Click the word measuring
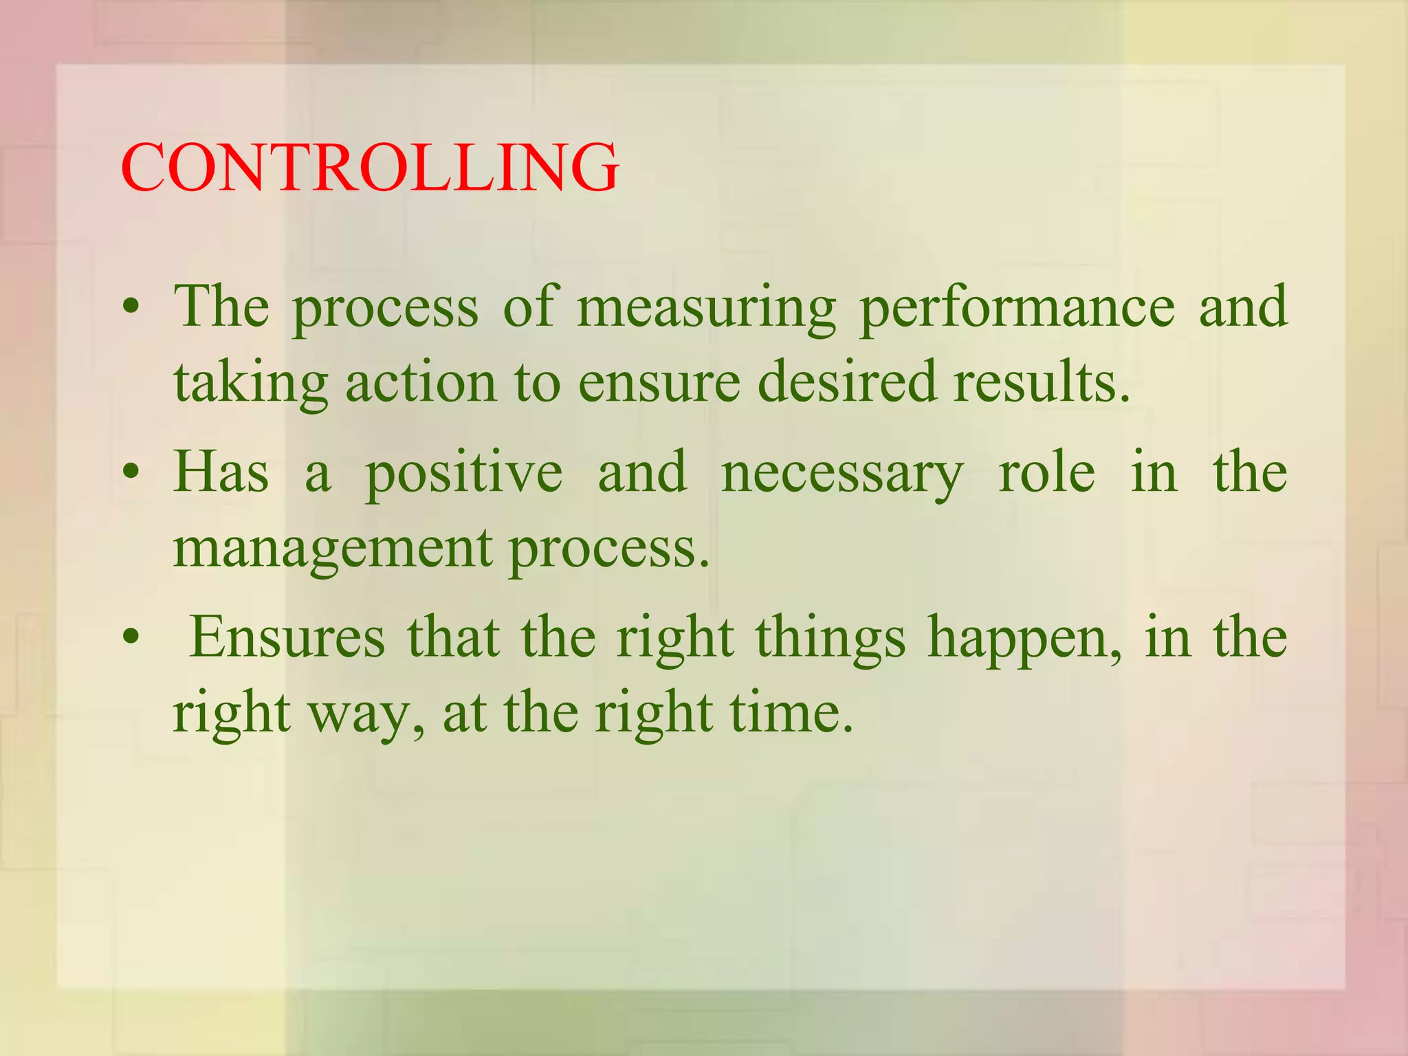[x=706, y=309]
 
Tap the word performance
[x=1017, y=309]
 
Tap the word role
[x=1046, y=473]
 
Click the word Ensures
[x=287, y=638]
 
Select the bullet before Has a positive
[x=131, y=472]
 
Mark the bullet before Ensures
[x=131, y=637]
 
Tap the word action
[x=421, y=382]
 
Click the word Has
[x=221, y=472]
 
